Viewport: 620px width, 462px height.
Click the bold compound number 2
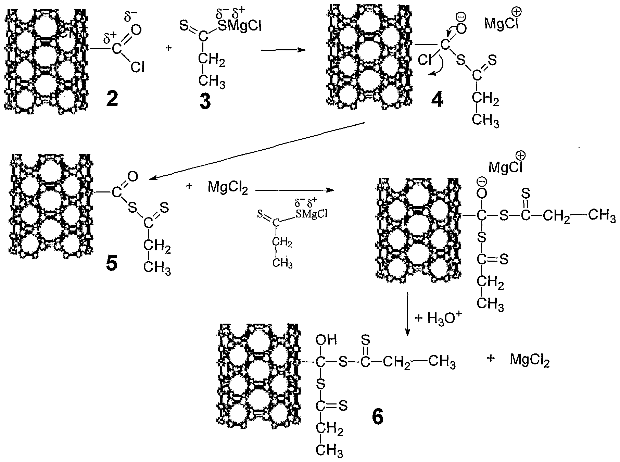coord(108,99)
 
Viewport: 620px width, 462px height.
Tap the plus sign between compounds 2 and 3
coord(168,48)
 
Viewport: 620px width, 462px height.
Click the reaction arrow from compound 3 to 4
coord(283,50)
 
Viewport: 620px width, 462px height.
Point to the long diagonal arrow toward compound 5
coord(257,151)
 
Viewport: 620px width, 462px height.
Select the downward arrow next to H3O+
coord(407,314)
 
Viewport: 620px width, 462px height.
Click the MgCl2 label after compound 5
coord(227,187)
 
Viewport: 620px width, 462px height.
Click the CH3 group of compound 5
coord(157,267)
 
